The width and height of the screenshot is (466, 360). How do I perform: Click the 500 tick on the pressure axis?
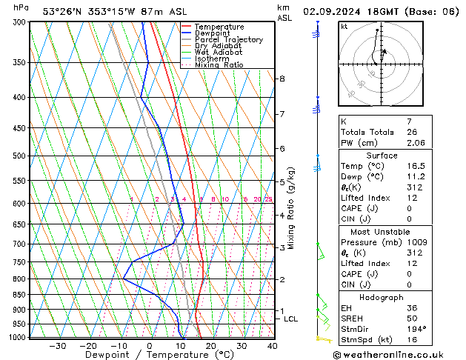[19, 156]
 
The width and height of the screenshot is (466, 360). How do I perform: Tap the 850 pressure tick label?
[19, 295]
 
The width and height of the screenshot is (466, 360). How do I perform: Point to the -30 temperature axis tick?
[57, 345]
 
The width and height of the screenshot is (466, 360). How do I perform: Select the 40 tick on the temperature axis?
[273, 345]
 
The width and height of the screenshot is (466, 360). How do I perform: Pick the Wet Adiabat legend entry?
[216, 52]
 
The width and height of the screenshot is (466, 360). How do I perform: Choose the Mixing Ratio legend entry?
[219, 64]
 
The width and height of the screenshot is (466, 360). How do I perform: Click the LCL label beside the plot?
[291, 319]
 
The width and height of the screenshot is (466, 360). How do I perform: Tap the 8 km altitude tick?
[282, 79]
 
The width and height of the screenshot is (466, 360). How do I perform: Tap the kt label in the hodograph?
[344, 26]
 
